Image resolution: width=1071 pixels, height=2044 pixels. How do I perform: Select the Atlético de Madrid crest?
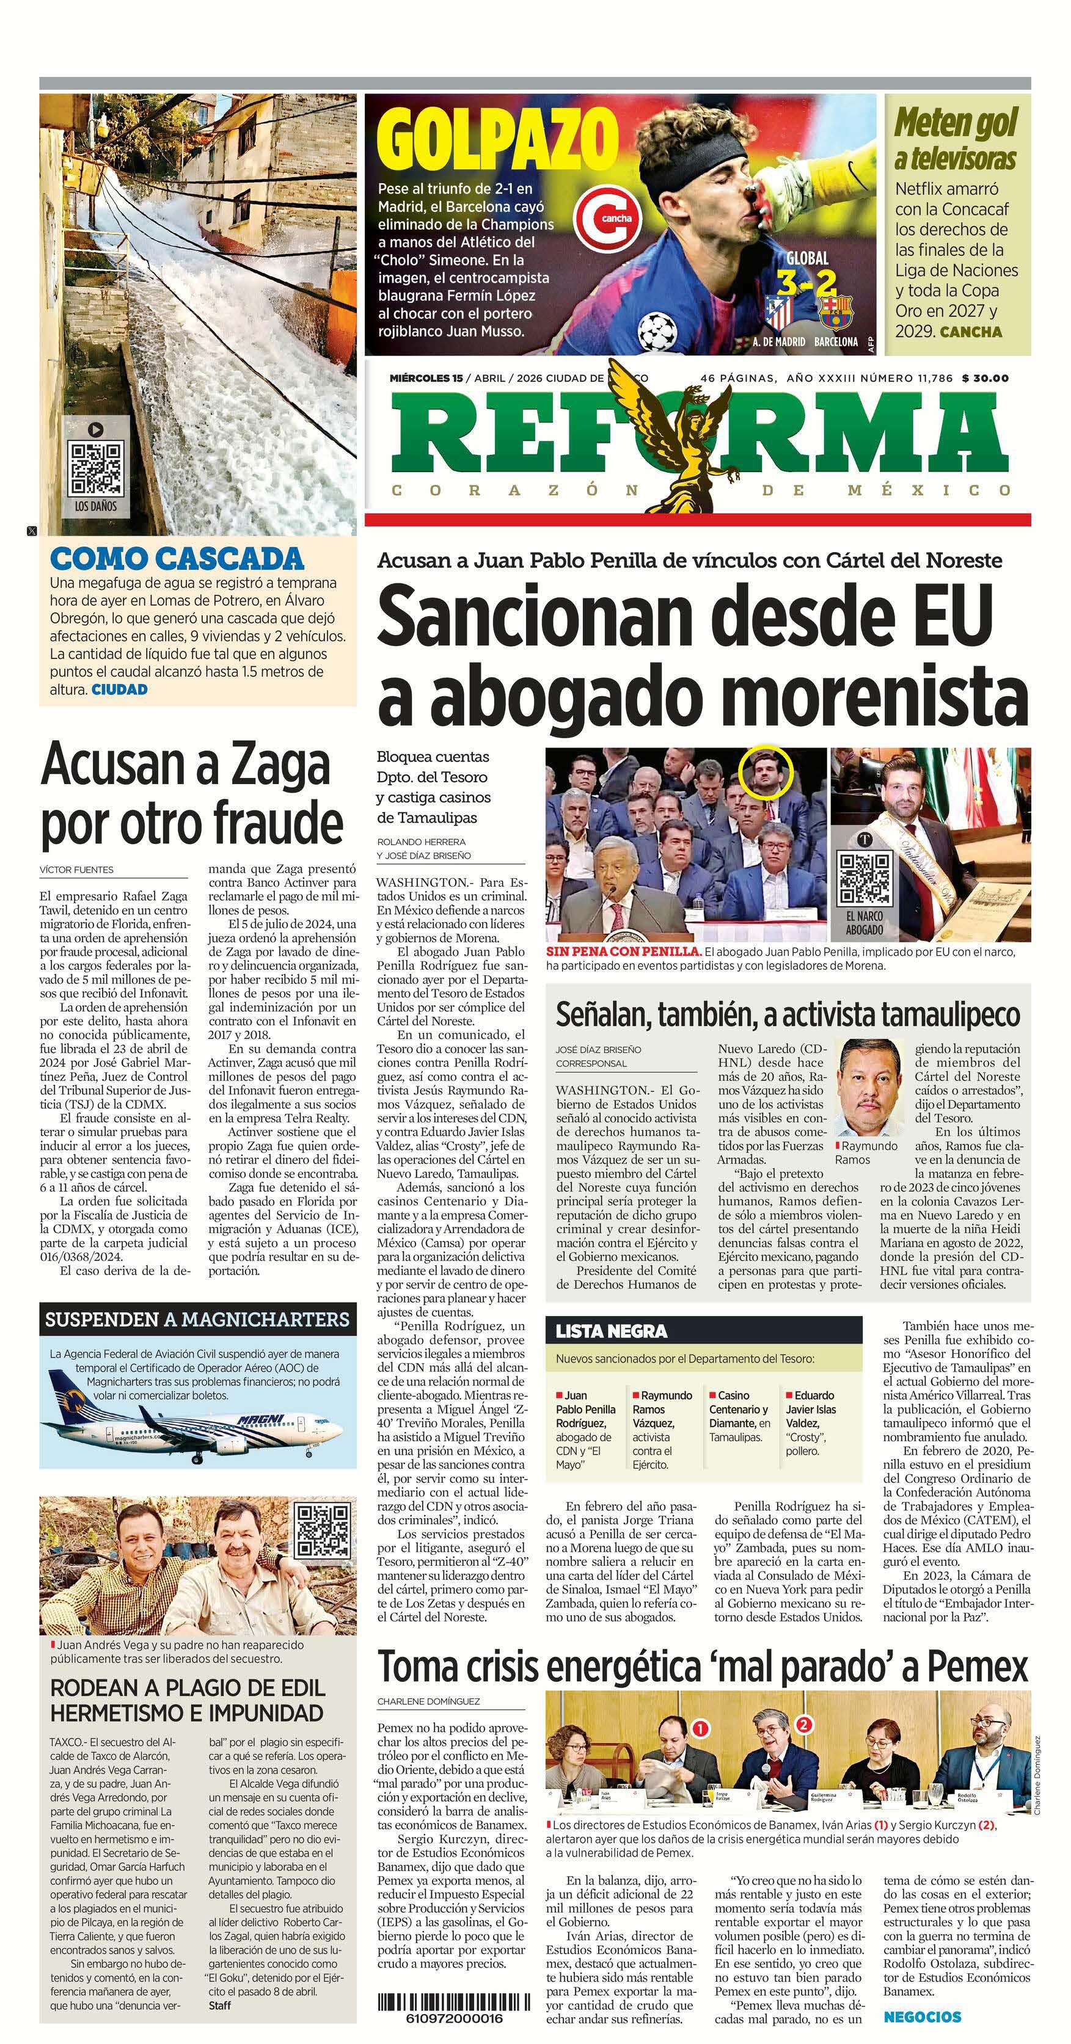[x=780, y=312]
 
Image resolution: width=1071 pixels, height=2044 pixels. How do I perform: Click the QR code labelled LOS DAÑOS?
[x=96, y=469]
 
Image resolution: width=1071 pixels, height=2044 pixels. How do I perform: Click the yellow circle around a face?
[x=766, y=771]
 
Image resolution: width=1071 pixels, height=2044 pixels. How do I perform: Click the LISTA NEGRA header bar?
[x=703, y=1331]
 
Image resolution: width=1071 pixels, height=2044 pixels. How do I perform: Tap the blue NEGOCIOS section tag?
[x=922, y=2017]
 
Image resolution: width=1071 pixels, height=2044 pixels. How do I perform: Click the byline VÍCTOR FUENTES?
[x=76, y=870]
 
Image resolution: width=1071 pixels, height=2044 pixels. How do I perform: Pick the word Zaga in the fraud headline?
[x=276, y=765]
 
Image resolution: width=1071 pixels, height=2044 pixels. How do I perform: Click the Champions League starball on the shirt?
[x=658, y=329]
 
